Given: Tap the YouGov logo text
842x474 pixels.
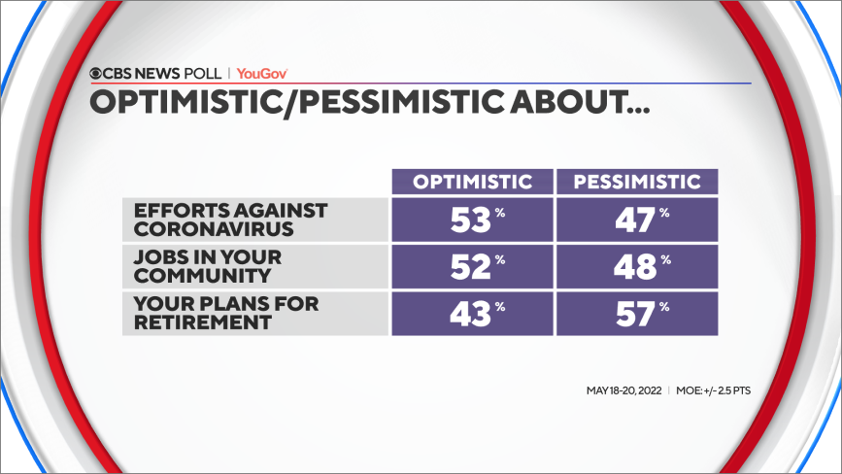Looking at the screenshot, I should (x=262, y=73).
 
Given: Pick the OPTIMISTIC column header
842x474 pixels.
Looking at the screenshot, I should (x=472, y=182).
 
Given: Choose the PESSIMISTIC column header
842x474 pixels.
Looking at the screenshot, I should (x=636, y=182).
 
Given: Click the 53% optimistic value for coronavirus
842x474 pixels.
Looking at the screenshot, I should (x=472, y=220).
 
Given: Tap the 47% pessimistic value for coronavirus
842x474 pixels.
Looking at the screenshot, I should (x=636, y=220).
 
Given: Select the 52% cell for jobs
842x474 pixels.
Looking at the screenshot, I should (x=472, y=265).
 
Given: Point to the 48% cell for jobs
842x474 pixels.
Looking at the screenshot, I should (x=636, y=265).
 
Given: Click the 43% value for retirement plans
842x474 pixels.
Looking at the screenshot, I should (x=472, y=312).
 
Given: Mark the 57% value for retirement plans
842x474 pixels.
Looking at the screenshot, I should (x=636, y=312).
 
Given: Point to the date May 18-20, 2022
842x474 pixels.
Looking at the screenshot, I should (x=624, y=390).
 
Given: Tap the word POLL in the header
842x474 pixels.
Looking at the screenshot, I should (x=204, y=73).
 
